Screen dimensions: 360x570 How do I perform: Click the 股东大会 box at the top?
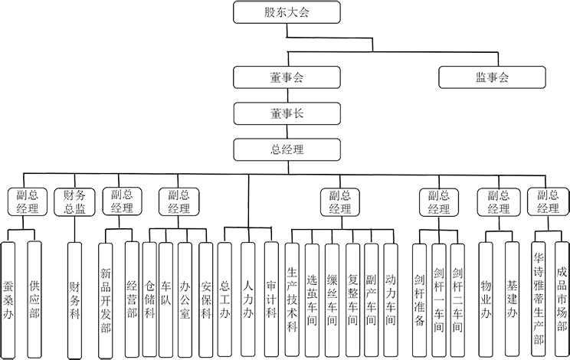287,12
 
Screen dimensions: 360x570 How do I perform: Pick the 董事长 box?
287,113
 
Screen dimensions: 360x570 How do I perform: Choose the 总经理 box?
287,149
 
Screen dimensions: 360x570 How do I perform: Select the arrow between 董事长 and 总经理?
287,132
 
